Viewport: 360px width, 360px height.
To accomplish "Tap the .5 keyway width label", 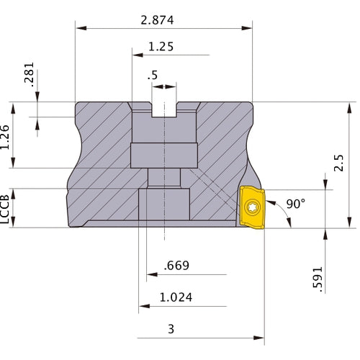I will (x=152, y=76).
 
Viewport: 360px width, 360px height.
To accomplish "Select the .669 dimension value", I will (x=177, y=266).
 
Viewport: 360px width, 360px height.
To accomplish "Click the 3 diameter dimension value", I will (x=171, y=329).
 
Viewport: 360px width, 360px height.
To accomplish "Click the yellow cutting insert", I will (x=252, y=207).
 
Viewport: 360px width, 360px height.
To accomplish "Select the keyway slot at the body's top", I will (x=164, y=110).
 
